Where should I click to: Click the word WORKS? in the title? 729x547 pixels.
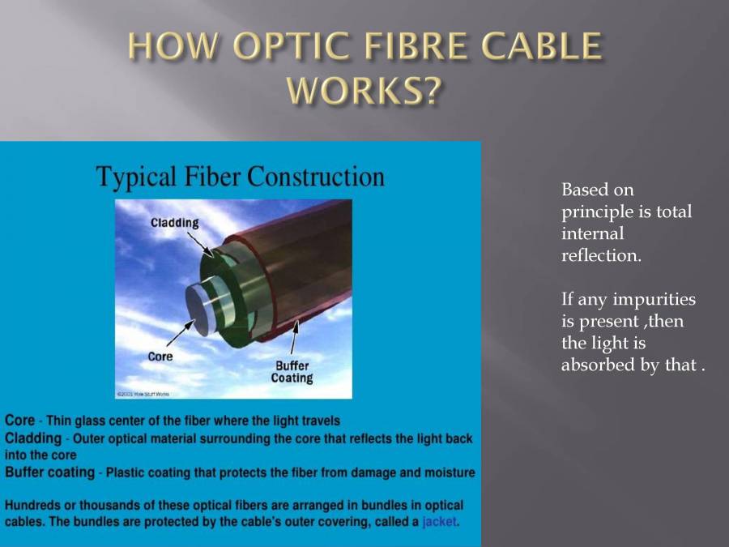point(364,91)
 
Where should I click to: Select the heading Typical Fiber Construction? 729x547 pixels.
point(241,176)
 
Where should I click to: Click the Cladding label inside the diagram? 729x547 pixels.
point(174,223)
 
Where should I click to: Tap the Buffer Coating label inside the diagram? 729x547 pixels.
point(292,372)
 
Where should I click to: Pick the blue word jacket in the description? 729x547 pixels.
point(440,522)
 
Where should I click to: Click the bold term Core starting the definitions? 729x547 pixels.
point(19,421)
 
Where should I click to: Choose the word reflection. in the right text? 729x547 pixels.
point(601,256)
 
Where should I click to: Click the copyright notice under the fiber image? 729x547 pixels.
point(143,394)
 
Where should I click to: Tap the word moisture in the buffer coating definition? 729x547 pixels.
point(449,472)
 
